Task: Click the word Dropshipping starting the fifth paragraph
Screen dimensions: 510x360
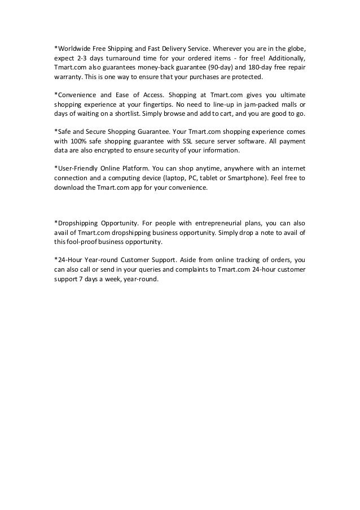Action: pyautogui.click(x=76, y=223)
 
